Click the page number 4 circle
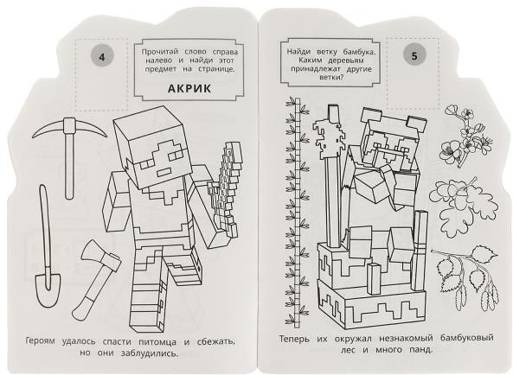(102, 57)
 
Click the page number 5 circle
(414, 56)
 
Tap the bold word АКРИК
(189, 88)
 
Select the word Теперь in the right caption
(294, 339)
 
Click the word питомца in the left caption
(157, 342)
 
